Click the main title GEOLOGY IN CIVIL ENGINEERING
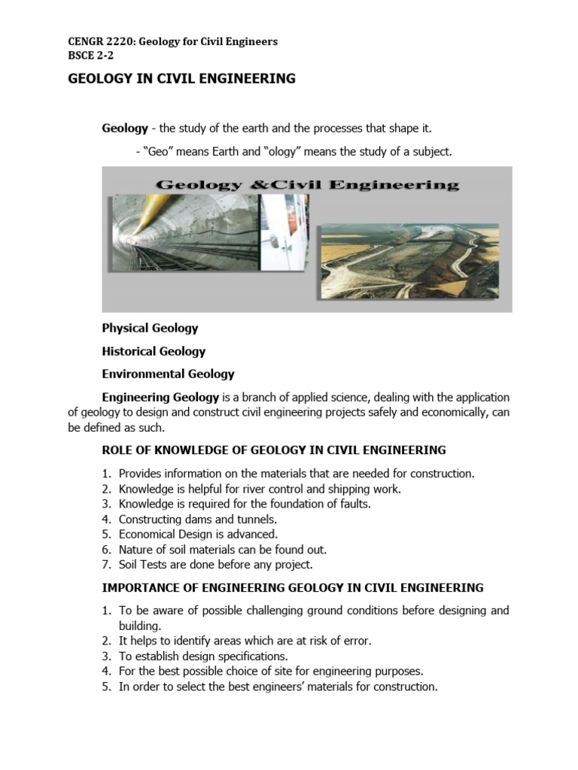[x=181, y=78]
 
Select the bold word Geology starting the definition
[x=125, y=128]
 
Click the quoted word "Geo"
[x=158, y=151]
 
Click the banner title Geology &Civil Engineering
[x=306, y=184]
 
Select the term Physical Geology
[x=150, y=328]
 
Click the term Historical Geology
[x=154, y=351]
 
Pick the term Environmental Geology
[x=168, y=374]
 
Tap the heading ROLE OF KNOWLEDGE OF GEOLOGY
[x=274, y=450]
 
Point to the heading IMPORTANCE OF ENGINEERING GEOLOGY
[x=293, y=587]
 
